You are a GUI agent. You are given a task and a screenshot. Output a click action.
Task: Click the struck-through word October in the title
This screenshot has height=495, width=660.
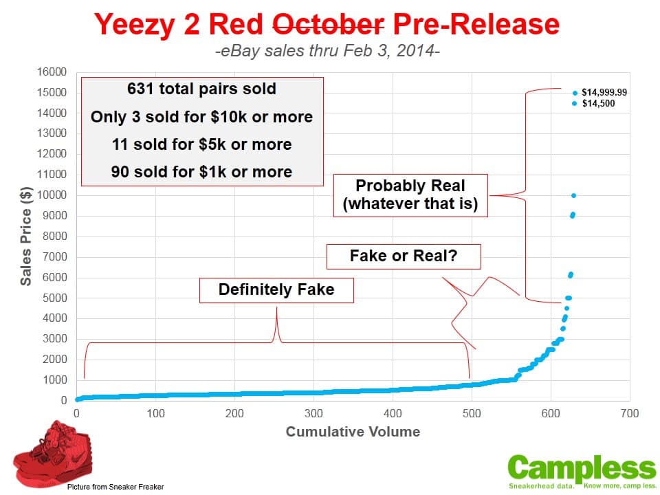(x=329, y=24)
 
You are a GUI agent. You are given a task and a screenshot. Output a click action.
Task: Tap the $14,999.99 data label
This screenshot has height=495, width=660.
(x=604, y=92)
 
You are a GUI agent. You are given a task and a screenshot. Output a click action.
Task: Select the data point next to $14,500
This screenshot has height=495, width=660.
(x=574, y=104)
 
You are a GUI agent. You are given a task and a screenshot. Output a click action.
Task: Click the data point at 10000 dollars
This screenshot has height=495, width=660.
(x=573, y=195)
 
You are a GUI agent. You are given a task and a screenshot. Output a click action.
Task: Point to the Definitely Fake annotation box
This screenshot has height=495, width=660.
(x=276, y=290)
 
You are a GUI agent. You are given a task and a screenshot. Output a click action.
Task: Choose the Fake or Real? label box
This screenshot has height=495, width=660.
(x=404, y=256)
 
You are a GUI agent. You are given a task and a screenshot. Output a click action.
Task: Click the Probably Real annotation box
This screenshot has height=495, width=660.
(x=410, y=195)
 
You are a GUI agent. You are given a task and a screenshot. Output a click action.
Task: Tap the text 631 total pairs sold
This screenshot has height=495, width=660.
(x=201, y=89)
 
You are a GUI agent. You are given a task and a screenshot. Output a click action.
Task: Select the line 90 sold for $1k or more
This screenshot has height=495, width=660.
(x=201, y=172)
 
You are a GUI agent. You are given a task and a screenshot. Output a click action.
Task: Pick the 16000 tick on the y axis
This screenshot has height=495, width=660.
(x=52, y=72)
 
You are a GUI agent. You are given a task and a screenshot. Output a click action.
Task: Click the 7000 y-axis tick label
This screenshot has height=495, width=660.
(x=55, y=256)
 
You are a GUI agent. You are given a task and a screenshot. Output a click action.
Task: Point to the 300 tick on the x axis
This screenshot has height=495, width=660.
(x=313, y=413)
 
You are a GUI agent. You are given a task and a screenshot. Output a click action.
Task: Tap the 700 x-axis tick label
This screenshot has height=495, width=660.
(x=630, y=413)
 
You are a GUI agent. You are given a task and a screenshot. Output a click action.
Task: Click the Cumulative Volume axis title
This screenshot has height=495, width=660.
(x=353, y=432)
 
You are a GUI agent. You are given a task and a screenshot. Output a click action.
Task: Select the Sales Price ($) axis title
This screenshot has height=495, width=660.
(x=25, y=236)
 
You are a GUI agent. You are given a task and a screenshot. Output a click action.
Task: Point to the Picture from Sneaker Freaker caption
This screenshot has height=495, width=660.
(x=115, y=487)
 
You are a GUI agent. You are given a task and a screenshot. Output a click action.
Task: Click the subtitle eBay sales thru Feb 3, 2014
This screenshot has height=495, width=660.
(x=327, y=51)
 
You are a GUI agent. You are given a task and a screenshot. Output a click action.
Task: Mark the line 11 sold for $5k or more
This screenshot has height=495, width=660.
(x=201, y=144)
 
